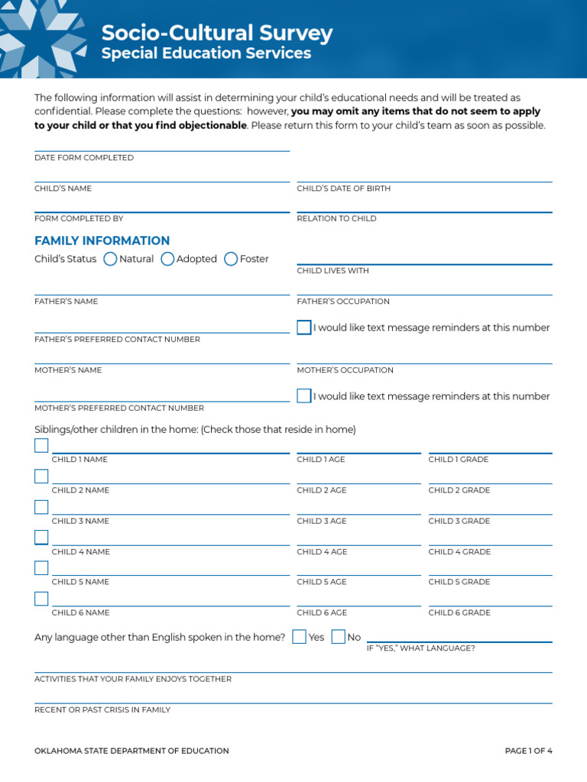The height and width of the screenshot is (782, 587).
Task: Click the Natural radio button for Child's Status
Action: (x=110, y=259)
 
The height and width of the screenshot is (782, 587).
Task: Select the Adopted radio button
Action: (x=167, y=259)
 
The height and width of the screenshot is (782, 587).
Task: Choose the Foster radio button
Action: (x=231, y=259)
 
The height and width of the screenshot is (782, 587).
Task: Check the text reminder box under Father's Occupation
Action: (x=304, y=328)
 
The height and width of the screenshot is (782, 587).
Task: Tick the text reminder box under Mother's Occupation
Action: (x=304, y=396)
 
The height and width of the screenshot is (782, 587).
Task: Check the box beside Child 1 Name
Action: (x=41, y=446)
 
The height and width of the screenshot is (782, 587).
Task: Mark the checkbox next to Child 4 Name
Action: (x=41, y=538)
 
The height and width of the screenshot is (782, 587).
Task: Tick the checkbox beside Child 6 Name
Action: (x=41, y=599)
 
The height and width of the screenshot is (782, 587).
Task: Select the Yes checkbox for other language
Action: (x=300, y=637)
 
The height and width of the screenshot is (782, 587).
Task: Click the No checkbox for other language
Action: (x=339, y=637)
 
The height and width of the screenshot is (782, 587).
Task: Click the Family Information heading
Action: (x=102, y=241)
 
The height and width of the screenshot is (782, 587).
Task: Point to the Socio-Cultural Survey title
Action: (x=217, y=33)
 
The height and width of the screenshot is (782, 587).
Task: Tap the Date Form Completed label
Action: (x=84, y=158)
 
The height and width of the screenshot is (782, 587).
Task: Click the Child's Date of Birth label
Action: (x=344, y=189)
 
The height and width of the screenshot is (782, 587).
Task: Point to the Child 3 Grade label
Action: (x=459, y=521)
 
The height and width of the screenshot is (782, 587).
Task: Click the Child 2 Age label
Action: (x=322, y=490)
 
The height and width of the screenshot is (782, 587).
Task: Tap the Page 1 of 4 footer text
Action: (x=528, y=751)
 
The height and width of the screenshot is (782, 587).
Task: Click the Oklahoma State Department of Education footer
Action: (x=131, y=751)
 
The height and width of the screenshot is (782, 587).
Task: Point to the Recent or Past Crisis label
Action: (x=102, y=709)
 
